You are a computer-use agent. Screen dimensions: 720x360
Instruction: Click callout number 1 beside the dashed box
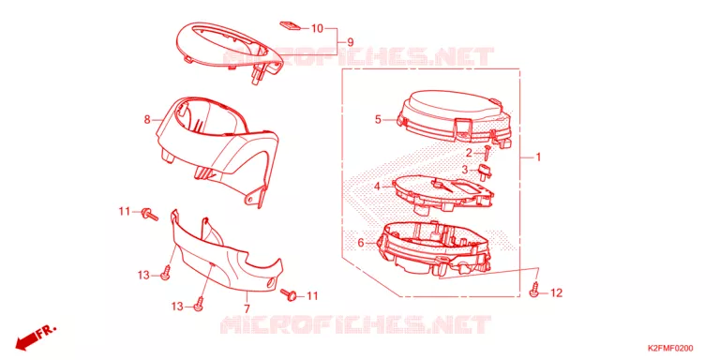[538, 157]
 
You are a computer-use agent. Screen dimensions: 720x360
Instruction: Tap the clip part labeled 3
[485, 172]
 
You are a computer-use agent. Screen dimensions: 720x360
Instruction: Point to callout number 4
[377, 187]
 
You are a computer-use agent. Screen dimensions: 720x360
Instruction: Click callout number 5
[378, 120]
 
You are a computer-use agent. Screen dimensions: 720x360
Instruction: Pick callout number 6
[360, 243]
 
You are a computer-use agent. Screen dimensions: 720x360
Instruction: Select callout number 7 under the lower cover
[247, 308]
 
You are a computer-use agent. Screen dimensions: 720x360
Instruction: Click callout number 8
[147, 120]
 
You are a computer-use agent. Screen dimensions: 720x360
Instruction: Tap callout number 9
[350, 42]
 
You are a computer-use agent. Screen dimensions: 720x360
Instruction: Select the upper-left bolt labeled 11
[150, 214]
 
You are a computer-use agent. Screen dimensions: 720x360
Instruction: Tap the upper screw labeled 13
[166, 272]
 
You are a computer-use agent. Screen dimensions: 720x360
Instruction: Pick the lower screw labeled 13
[200, 303]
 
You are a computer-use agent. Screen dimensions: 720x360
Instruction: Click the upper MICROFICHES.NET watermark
[359, 57]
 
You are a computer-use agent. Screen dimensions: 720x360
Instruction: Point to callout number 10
[317, 28]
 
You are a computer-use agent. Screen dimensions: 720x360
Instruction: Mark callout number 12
[556, 292]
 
